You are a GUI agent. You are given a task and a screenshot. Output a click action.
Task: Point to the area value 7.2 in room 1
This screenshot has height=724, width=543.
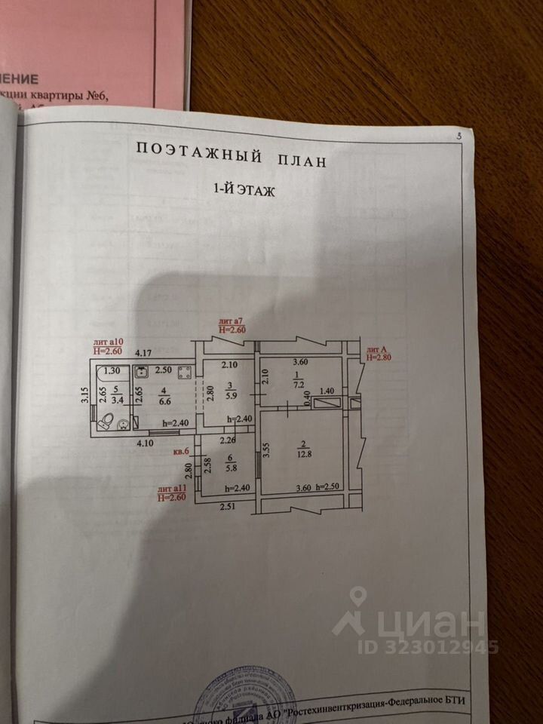(297, 384)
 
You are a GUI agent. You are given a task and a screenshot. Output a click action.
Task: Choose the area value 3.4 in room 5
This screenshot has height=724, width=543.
(115, 400)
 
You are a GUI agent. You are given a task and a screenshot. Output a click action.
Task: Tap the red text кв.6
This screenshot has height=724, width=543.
(182, 452)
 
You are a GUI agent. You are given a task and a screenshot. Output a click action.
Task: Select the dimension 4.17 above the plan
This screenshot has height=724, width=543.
(143, 352)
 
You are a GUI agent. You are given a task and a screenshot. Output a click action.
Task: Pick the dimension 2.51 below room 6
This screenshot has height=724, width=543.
(229, 506)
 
